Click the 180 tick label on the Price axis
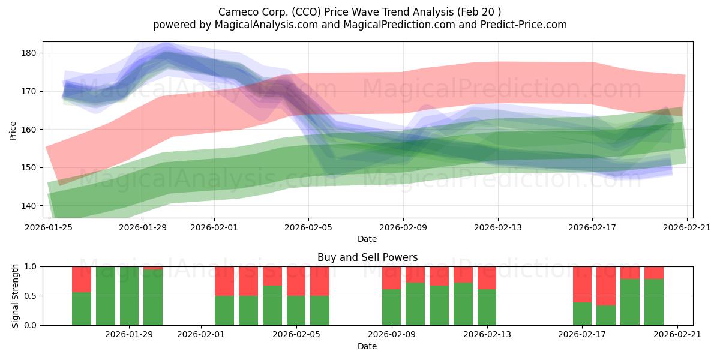point(29,53)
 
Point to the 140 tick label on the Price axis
point(29,206)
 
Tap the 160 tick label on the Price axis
point(29,130)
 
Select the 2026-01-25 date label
point(49,227)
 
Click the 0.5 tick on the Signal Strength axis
point(31,296)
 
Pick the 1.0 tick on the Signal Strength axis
point(31,267)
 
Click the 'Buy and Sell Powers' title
point(367,257)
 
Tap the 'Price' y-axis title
point(13,131)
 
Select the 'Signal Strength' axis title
point(15,296)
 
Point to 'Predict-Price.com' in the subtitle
point(523,25)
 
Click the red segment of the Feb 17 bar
point(582,284)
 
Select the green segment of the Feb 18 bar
point(606,316)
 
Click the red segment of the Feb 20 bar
point(654,273)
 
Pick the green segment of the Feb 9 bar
point(391,307)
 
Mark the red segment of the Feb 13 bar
point(487,278)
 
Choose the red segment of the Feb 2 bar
point(224,281)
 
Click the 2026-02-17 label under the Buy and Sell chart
point(582,335)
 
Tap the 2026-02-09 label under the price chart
point(403,227)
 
